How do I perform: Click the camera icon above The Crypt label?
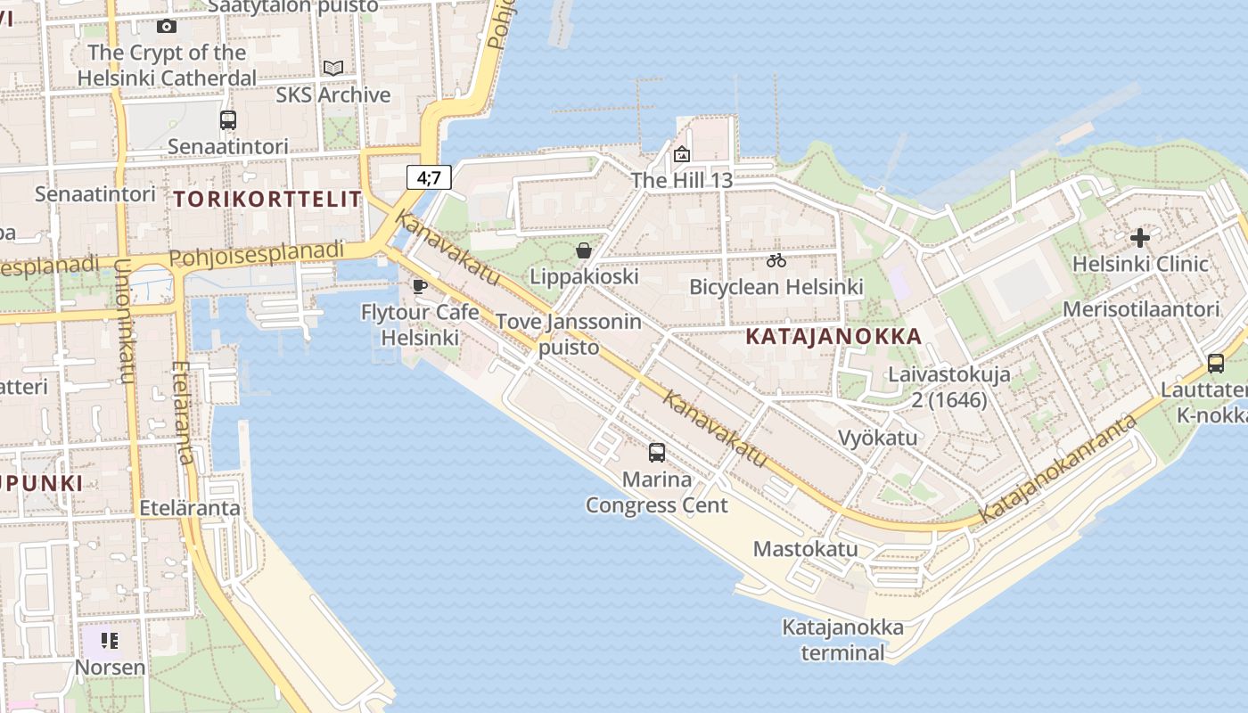click(166, 27)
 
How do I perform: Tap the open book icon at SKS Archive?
click(333, 68)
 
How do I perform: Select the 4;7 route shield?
click(429, 177)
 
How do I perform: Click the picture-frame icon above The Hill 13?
click(682, 154)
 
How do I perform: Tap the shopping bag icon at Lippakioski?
click(584, 250)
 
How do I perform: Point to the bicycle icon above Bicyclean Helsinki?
click(776, 260)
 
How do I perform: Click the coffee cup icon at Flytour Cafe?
click(420, 286)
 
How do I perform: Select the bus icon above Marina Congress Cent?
click(657, 453)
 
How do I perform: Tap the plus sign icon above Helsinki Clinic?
click(1139, 238)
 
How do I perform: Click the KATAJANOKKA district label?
click(833, 337)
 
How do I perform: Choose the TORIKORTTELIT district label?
click(267, 198)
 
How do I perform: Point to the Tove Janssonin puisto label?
click(569, 334)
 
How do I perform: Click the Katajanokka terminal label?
click(842, 640)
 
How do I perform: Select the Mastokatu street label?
click(805, 548)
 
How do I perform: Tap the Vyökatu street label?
click(877, 438)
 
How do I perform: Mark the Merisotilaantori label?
click(1141, 309)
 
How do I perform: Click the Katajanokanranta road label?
click(1059, 469)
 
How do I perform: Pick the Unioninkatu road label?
click(125, 321)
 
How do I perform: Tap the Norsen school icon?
click(110, 640)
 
